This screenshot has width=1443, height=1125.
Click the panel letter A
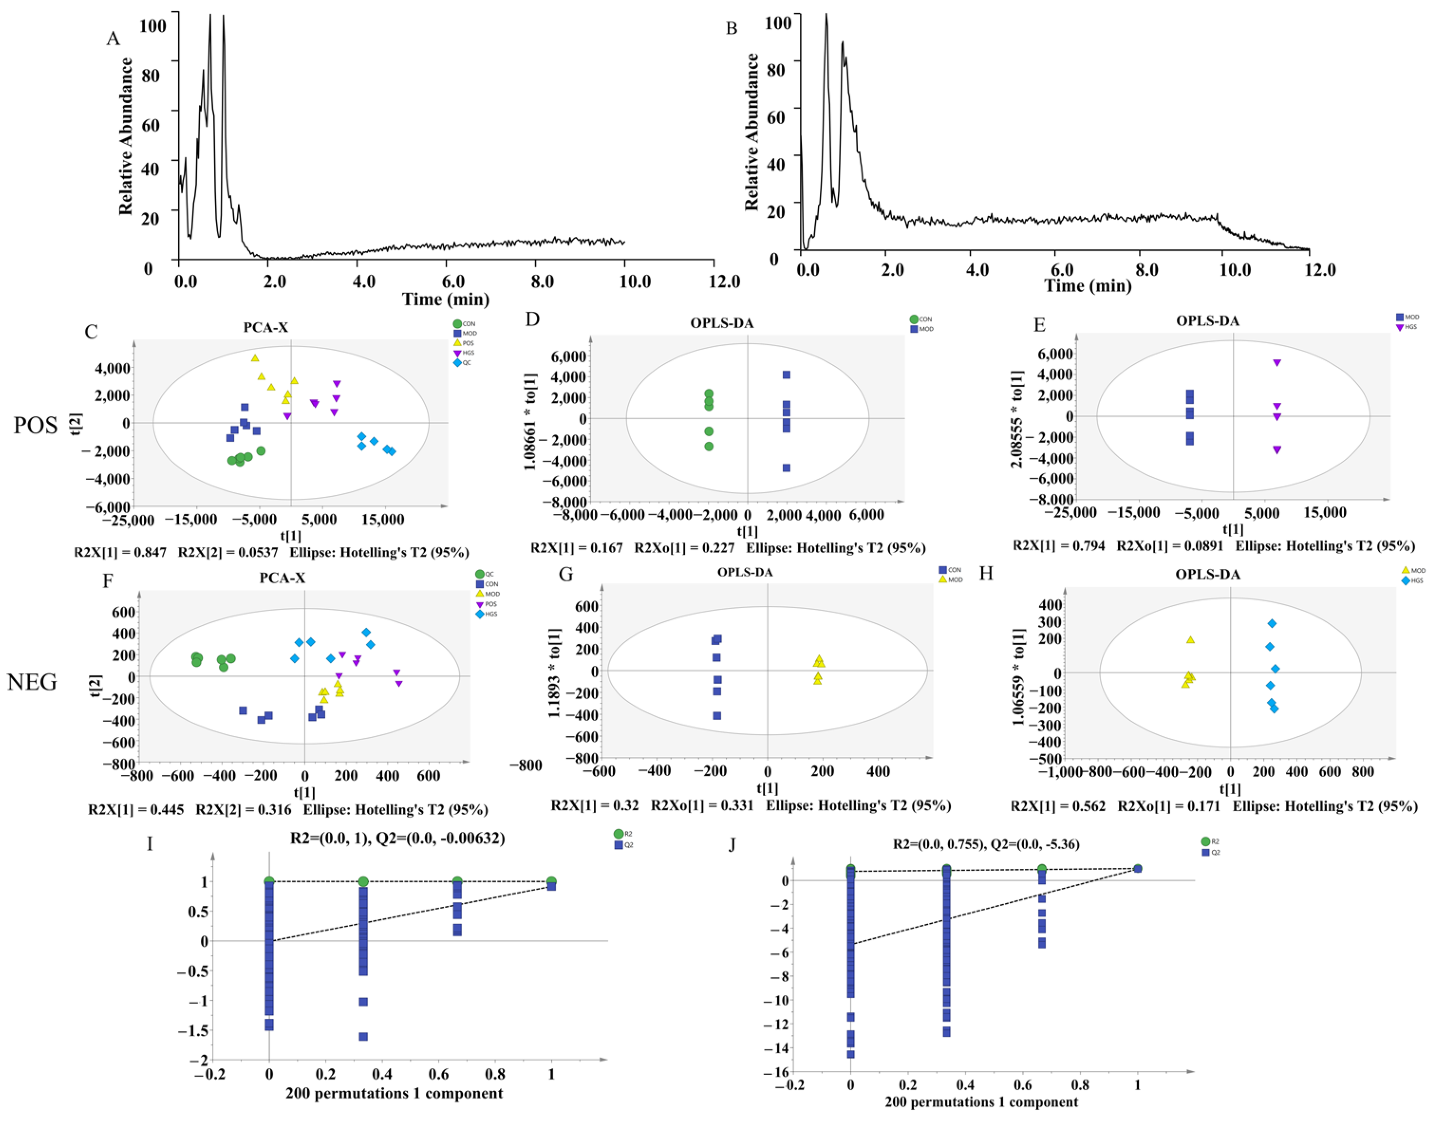[113, 38]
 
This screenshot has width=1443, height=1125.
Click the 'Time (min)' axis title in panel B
[1087, 285]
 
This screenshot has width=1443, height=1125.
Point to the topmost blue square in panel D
[786, 374]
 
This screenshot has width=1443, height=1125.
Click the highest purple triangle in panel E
[1277, 363]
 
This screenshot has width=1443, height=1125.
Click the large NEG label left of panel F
[32, 682]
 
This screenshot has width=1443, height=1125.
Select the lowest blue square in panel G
[717, 716]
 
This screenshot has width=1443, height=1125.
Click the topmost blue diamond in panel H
[1272, 623]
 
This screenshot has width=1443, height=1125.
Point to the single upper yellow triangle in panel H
[1190, 640]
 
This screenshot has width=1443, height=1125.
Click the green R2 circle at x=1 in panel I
[552, 881]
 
